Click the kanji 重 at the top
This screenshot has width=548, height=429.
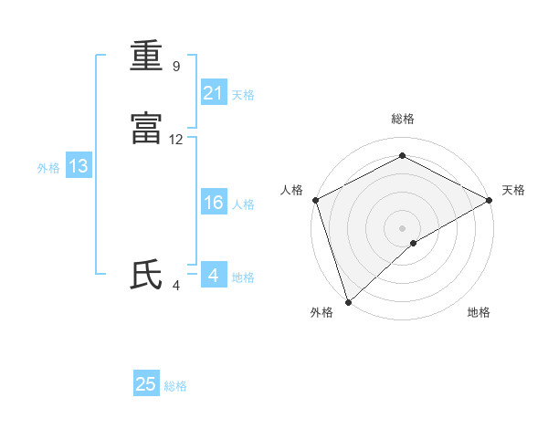coord(146,57)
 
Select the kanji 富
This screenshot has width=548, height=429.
coord(146,130)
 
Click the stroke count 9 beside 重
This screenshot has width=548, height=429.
coord(175,67)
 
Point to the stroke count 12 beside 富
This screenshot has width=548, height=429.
coord(176,140)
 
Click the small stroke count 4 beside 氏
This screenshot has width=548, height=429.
coord(175,285)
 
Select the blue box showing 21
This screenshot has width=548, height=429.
coord(214,93)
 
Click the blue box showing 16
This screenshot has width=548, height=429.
coord(214,203)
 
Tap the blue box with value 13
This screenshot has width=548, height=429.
coord(79,166)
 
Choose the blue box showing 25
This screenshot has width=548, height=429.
coord(146,384)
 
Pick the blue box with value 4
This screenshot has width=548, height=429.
coord(214,275)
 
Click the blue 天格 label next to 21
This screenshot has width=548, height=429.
coord(243,95)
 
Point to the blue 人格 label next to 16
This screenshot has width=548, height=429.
coord(243,204)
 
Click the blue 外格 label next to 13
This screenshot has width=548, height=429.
coord(48,168)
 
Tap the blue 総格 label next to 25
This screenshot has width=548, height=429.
coord(175,386)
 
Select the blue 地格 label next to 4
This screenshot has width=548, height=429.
coord(243,277)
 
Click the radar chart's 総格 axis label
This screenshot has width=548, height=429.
coord(402,119)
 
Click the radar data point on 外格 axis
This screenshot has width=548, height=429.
coord(348,301)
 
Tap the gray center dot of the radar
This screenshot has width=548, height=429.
coord(402,227)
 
